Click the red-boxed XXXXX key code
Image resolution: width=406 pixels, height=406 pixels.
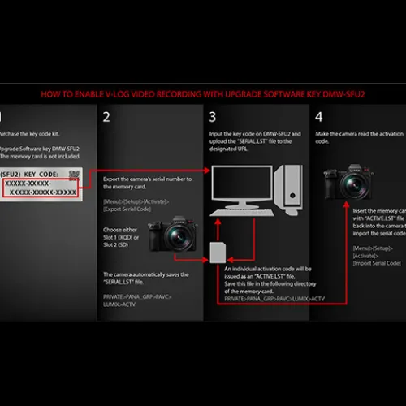41,188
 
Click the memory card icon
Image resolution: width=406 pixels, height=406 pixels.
218,253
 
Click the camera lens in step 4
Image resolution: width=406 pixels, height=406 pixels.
356,187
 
